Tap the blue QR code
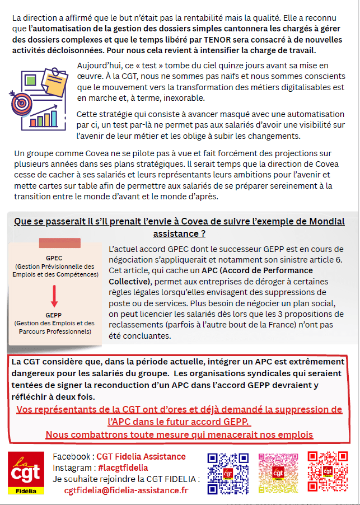click(228, 473)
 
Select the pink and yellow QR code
click(278, 473)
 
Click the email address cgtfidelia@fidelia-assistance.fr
click(127, 490)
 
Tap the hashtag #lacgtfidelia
click(122, 467)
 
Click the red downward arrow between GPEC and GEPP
click(54, 296)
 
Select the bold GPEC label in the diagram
click(54, 258)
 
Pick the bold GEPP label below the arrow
click(54, 315)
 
